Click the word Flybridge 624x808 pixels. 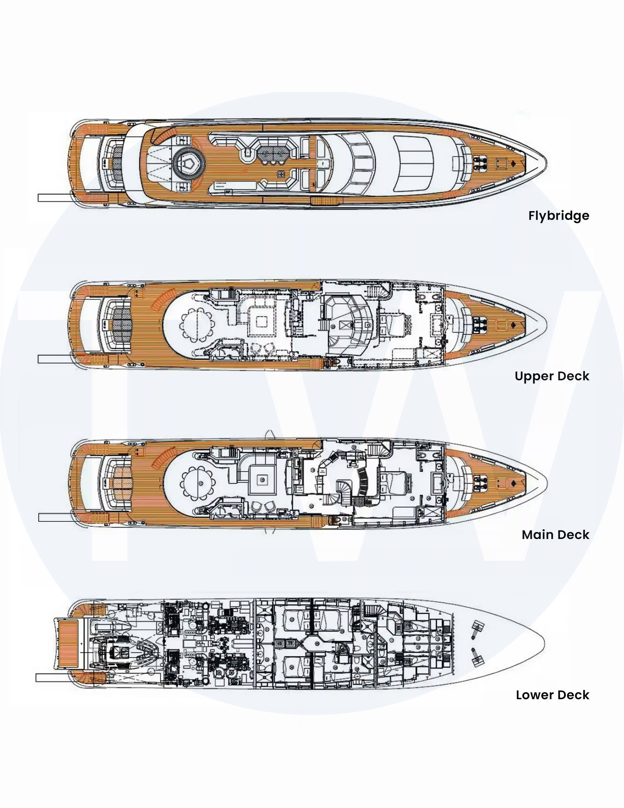point(559,216)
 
